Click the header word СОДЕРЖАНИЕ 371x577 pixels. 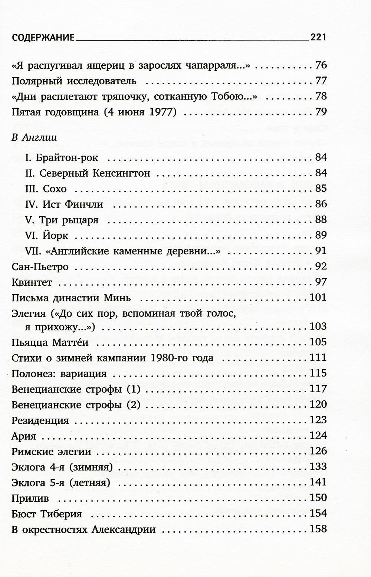coord(43,37)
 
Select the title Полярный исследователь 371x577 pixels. coord(74,81)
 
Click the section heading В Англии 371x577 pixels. coord(35,138)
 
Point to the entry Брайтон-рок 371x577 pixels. coord(61,158)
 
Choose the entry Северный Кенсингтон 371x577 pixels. coord(87,173)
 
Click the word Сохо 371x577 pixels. coord(55,189)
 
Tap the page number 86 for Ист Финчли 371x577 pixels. coord(321,204)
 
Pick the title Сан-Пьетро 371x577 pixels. coord(40,267)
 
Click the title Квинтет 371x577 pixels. coord(32,282)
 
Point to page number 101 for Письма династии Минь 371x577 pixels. coord(318,298)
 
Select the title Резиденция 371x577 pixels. coord(40,420)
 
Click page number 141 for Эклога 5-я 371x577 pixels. coord(318,482)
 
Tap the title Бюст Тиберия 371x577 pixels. coord(47,514)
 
